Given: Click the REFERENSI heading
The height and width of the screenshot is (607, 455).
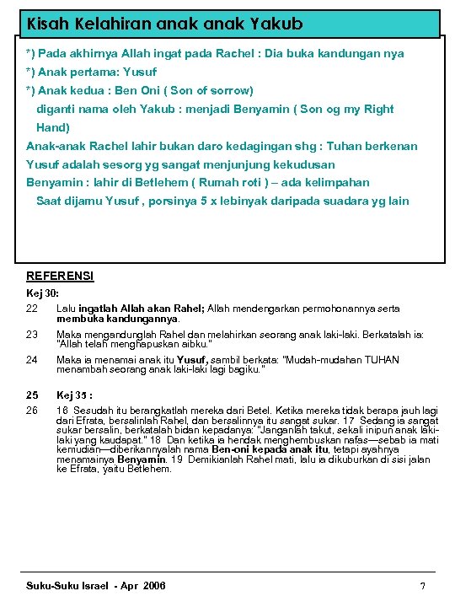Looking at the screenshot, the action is pos(61,276).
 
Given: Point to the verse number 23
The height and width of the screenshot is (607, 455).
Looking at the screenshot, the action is pos(33,334).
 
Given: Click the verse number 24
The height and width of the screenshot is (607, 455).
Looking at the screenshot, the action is pos(33,359).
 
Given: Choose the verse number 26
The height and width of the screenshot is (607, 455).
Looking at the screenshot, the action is pos(33,410).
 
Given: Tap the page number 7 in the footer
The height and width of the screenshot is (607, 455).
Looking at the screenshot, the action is pos(422,586).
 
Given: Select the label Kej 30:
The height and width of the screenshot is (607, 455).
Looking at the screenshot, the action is pos(43,293).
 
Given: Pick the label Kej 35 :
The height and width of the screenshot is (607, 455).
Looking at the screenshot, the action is pos(74,395).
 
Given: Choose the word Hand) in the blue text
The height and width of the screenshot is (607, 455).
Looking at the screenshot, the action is pos(52,127).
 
